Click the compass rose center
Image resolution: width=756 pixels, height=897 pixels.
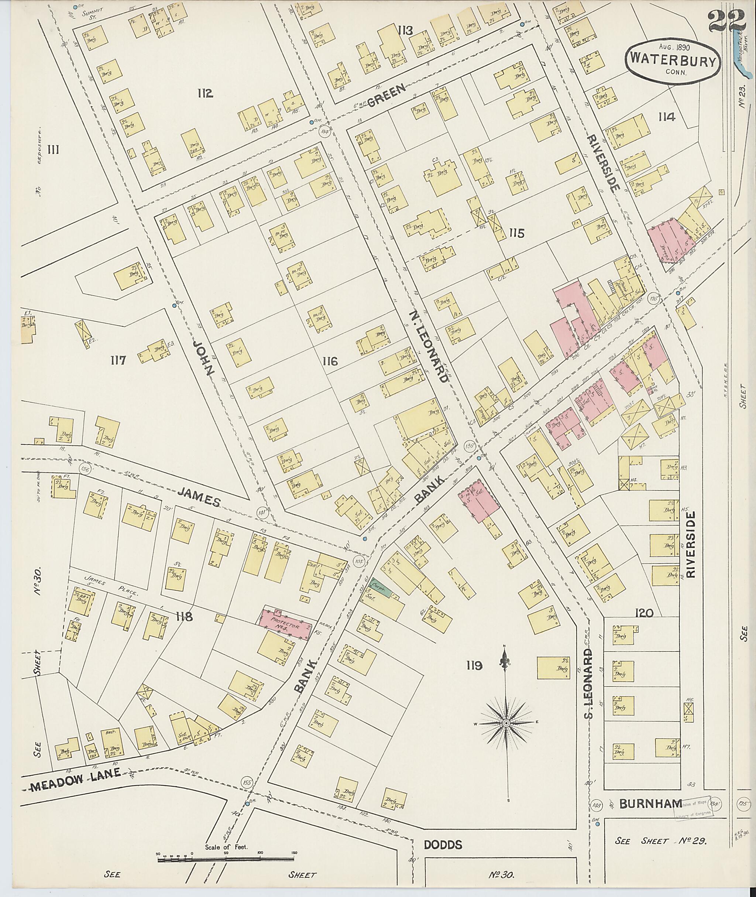click(x=506, y=723)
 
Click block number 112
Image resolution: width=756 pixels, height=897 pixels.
click(x=206, y=93)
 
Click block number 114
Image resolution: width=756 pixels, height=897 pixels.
click(x=667, y=117)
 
